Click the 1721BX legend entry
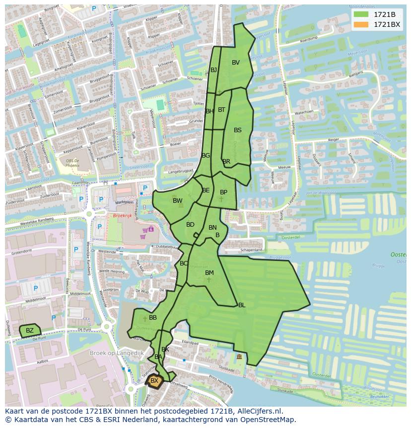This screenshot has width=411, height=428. [x=387, y=24]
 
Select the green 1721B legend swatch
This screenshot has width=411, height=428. [x=361, y=14]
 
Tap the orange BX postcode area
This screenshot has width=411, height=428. [x=154, y=381]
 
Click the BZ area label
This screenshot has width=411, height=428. [x=30, y=331]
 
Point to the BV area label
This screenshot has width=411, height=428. [x=236, y=63]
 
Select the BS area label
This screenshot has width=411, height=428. [x=238, y=130]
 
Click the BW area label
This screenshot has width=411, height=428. [x=177, y=201]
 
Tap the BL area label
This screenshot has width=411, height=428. [x=242, y=305]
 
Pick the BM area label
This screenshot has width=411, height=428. [x=209, y=273]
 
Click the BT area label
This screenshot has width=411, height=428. [x=221, y=110]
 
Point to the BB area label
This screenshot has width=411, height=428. [x=153, y=318]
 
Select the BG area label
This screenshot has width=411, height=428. [x=206, y=156]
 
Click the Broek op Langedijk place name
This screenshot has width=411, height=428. [x=116, y=353]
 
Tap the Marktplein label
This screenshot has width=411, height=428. [x=125, y=202]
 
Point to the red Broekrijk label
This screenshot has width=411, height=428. [x=122, y=216]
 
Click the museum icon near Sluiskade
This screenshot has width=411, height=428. [x=239, y=356]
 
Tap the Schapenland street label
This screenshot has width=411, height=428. [x=251, y=250]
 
